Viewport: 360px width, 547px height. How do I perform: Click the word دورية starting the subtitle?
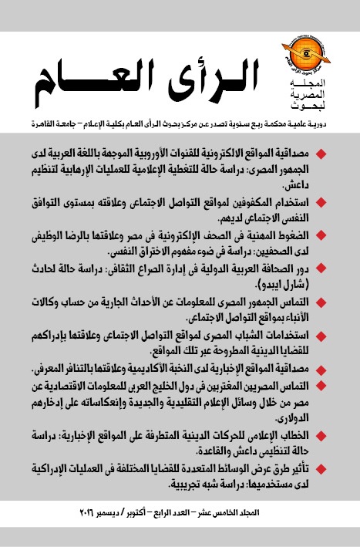coord(334,121)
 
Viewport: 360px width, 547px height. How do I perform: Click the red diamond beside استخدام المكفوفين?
coord(342,199)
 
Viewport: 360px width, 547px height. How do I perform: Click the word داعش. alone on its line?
coord(318,187)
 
